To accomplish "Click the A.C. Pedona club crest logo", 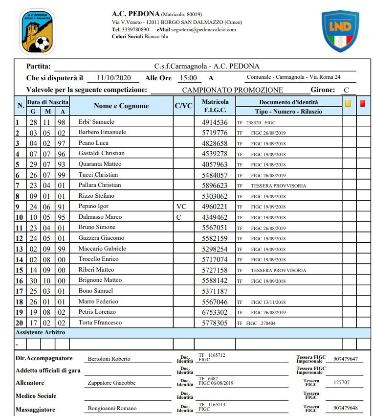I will [x=37, y=32].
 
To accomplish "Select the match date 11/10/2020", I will [x=114, y=78].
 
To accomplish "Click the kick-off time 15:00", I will [x=188, y=78].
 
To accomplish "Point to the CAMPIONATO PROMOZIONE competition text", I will [x=232, y=90].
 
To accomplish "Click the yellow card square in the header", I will [x=348, y=103].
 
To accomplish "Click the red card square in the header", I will [x=363, y=103].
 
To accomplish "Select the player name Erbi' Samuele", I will [x=96, y=122].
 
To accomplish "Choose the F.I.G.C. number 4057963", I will [x=215, y=164].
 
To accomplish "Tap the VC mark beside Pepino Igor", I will [x=181, y=207].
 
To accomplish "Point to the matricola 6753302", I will [x=215, y=312].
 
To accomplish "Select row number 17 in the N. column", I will [x=20, y=291].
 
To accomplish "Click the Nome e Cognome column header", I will [x=121, y=106].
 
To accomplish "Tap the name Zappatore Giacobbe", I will [x=111, y=383].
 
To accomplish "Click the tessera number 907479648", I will [x=345, y=408].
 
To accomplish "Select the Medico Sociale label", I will [x=36, y=396].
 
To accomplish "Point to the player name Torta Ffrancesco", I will [x=100, y=323].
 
